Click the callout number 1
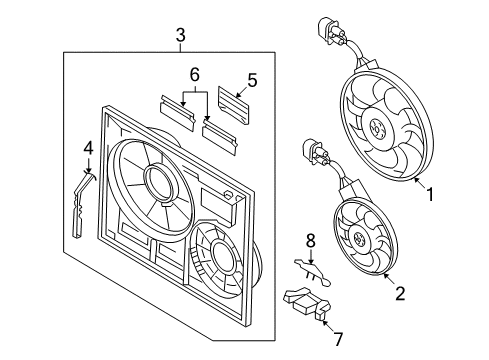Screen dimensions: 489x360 tap(430, 194)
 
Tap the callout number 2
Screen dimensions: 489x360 tap(400, 293)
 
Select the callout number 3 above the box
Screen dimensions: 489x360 tap(180, 35)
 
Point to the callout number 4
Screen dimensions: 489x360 tap(88, 149)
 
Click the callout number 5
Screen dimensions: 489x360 tap(252, 80)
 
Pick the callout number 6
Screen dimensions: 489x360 tap(195, 75)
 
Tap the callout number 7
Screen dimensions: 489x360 tap(338, 339)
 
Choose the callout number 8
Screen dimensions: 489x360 tap(311, 240)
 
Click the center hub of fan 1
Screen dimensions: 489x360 tap(377, 127)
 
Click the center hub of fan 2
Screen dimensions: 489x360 tap(358, 239)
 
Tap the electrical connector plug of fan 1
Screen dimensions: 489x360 tap(330, 31)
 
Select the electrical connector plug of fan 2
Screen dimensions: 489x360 tap(313, 153)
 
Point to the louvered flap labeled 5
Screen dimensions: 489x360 tap(234, 105)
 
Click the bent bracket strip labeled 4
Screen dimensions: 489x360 tap(80, 203)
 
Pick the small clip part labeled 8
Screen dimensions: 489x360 tap(313, 272)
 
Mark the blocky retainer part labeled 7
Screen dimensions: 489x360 tap(307, 303)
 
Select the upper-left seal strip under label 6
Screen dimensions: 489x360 tap(177, 113)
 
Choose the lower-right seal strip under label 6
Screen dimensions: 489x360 tap(220, 137)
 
